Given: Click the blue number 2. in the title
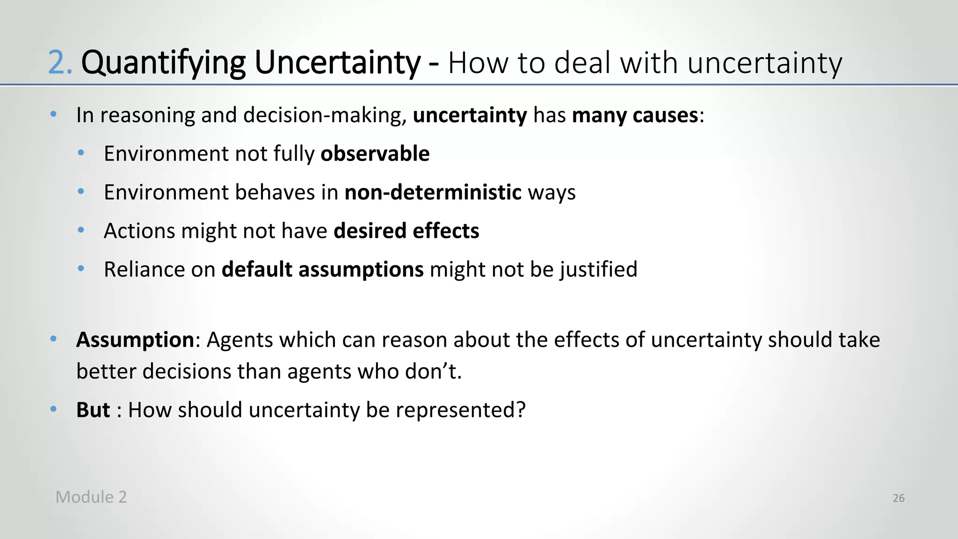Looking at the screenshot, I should (60, 63).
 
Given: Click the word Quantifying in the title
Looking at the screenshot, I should (163, 63).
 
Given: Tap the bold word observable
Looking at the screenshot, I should (375, 154).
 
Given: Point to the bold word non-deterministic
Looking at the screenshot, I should (433, 192).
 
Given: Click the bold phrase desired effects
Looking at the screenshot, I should (406, 231).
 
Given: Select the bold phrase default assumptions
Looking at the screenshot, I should (322, 269).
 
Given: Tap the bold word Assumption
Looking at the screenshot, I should (135, 340).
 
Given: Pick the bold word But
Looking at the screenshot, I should (93, 410).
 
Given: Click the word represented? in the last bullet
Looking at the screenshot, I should (461, 410).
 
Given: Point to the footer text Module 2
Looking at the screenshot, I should (91, 497).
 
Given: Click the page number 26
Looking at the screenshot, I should (898, 498).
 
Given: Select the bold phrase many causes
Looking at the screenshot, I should (635, 115).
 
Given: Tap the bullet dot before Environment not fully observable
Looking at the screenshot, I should (81, 153).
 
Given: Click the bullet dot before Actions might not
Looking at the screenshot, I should (81, 230).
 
